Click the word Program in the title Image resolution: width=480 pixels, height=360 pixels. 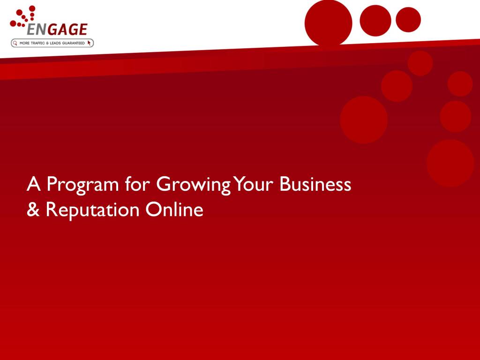(x=82, y=185)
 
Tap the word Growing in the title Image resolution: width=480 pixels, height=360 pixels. (x=193, y=185)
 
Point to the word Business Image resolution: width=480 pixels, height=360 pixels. (x=315, y=184)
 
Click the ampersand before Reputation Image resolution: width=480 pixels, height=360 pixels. (x=33, y=210)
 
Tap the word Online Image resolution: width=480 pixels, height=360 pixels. (x=174, y=210)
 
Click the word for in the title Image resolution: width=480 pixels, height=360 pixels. (x=137, y=184)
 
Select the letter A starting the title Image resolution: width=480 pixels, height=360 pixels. (x=34, y=184)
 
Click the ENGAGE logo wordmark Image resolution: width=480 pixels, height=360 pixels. (x=57, y=30)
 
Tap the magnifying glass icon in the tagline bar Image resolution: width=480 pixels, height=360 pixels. (x=15, y=43)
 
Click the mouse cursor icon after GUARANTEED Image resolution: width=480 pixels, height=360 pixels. (x=89, y=43)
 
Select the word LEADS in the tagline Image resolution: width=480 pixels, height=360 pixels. (x=55, y=43)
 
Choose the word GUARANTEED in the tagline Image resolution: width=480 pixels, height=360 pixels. (x=73, y=43)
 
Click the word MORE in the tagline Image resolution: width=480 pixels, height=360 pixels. (x=24, y=43)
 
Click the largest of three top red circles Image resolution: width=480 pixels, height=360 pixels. (x=329, y=22)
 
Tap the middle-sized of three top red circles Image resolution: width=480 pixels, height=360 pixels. (x=375, y=21)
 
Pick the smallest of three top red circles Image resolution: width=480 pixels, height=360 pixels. (x=408, y=20)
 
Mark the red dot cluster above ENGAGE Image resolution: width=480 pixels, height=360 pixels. (x=23, y=16)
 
